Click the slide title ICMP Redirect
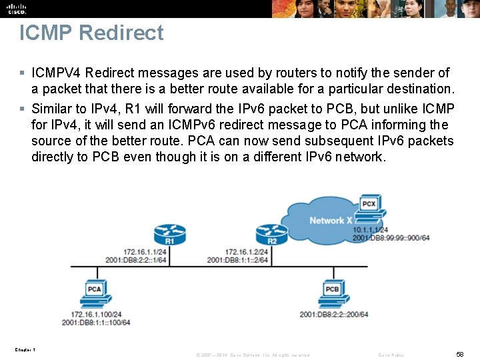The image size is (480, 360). click(91, 33)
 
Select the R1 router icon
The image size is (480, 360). click(169, 235)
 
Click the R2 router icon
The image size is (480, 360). click(272, 235)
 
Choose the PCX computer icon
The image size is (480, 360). click(368, 207)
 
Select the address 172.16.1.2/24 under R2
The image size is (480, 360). click(246, 251)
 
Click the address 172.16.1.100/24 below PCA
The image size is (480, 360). click(96, 314)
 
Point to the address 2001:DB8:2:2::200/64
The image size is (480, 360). click(334, 314)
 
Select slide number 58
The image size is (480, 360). click(460, 355)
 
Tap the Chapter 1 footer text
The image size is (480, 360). click(25, 350)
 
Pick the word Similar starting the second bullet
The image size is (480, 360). click(52, 109)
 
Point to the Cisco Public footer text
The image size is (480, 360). click(391, 355)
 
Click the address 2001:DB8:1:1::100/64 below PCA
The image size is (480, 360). click(96, 322)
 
